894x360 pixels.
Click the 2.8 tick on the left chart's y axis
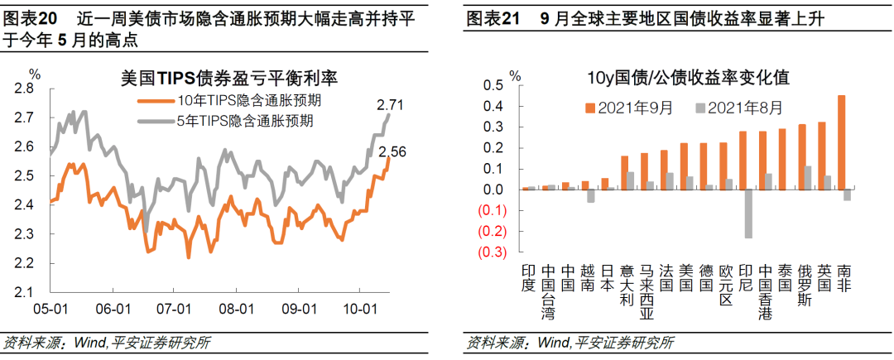click(x=30, y=88)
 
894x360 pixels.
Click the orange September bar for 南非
click(x=842, y=142)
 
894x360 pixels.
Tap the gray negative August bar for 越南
click(x=591, y=196)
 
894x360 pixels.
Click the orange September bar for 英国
click(x=822, y=156)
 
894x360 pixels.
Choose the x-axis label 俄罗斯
click(x=803, y=285)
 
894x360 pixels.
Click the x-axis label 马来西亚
click(x=646, y=292)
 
